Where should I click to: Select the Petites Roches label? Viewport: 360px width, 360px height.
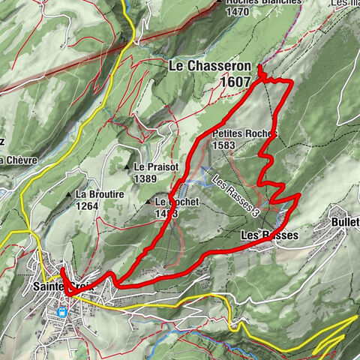244,134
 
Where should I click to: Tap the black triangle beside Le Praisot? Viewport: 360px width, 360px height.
127,166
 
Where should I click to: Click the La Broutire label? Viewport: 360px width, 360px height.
99,193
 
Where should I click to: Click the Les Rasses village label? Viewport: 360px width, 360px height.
269,235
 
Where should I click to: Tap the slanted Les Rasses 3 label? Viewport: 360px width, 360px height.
235,196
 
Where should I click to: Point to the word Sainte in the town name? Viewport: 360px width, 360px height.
48,286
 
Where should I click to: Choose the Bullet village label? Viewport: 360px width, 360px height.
344,223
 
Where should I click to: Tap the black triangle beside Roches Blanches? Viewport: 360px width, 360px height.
219,2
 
